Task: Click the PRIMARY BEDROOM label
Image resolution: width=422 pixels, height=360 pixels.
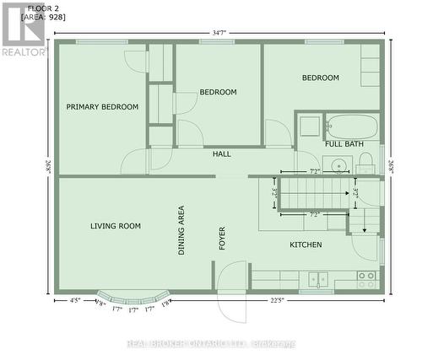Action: tap(102, 107)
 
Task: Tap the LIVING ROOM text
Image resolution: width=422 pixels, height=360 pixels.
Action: tap(116, 226)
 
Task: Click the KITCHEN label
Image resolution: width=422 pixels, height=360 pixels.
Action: tap(306, 244)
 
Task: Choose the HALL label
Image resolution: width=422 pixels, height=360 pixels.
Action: tap(222, 154)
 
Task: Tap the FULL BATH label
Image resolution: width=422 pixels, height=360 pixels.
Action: tap(343, 144)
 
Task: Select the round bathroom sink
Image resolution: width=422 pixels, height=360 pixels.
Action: tap(338, 164)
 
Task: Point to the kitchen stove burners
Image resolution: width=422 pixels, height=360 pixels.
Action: tap(366, 276)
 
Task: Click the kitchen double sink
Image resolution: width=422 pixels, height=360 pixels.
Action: tap(317, 277)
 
